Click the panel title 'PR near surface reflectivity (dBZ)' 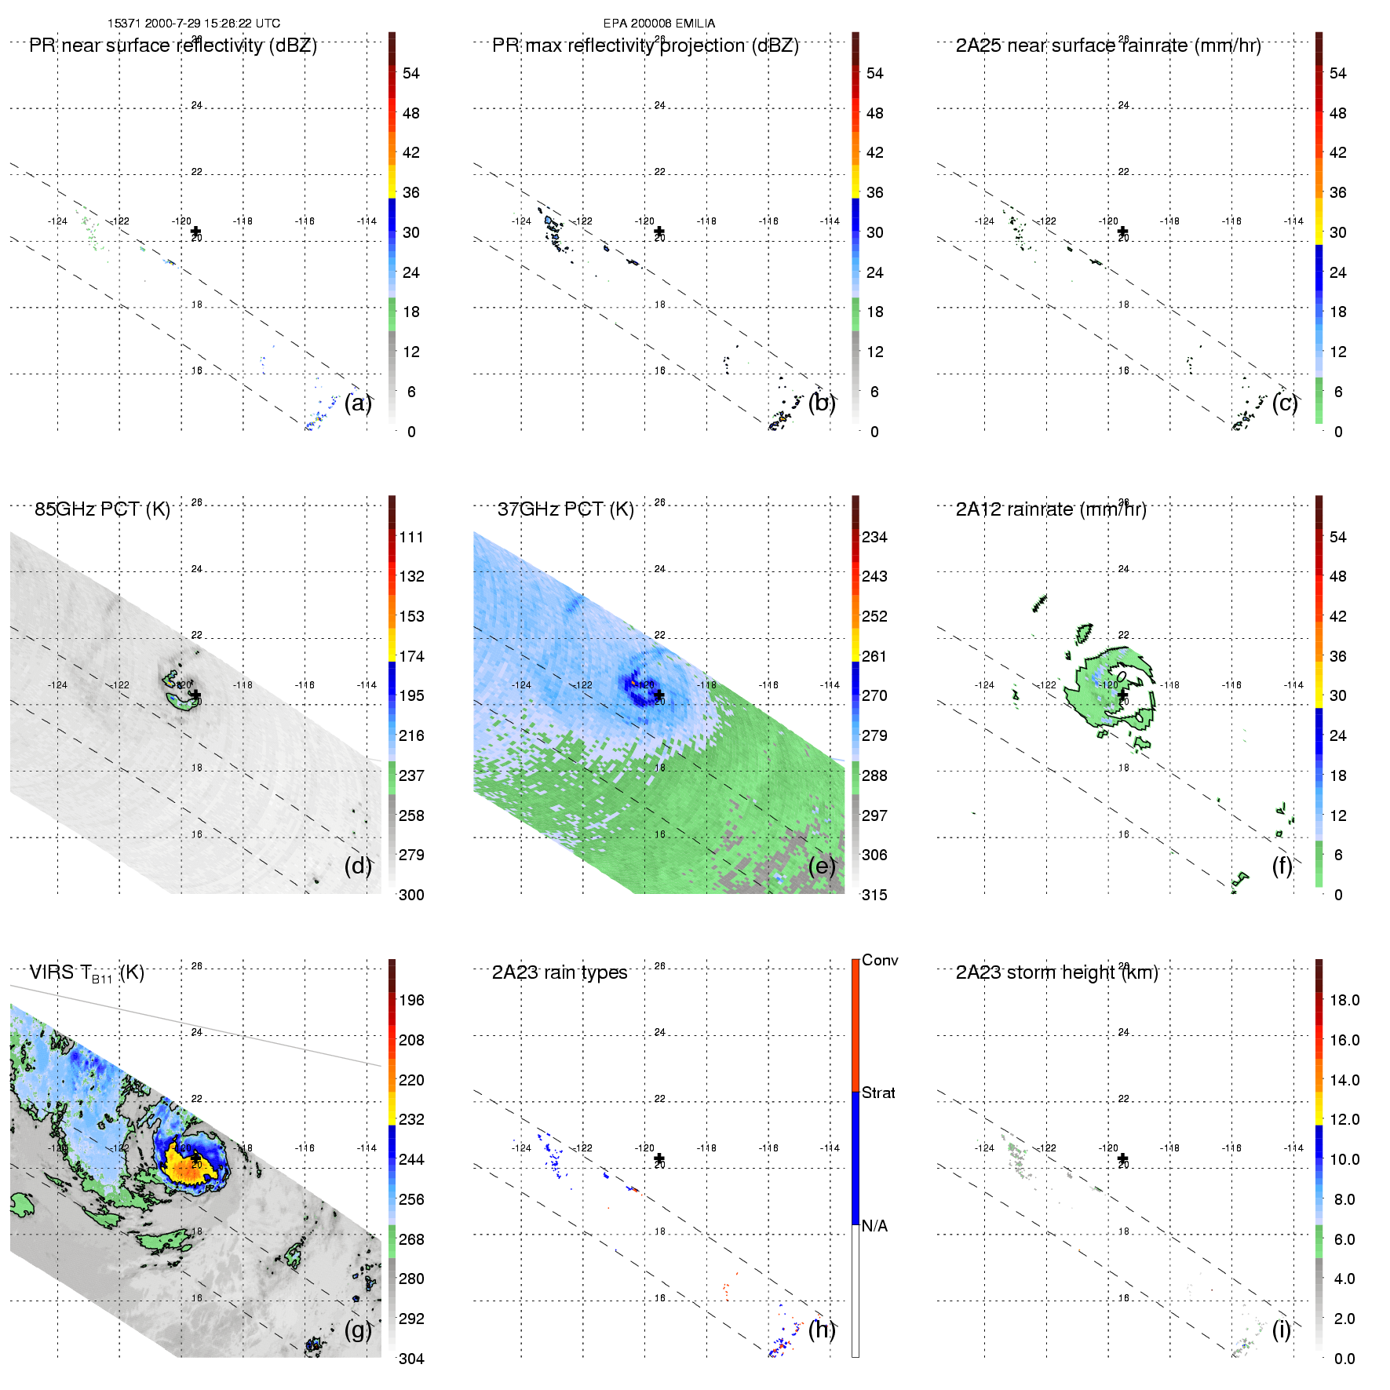[x=173, y=46]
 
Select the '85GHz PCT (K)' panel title [x=102, y=509]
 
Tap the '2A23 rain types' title [x=560, y=972]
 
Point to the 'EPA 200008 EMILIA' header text [x=659, y=24]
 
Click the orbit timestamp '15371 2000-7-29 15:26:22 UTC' [x=194, y=24]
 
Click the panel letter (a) [x=358, y=403]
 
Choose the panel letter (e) [x=822, y=866]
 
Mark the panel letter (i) [x=1281, y=1330]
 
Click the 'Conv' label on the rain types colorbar [x=880, y=960]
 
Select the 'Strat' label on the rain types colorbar [x=878, y=1093]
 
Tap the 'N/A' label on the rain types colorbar [x=874, y=1226]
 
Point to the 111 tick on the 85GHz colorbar [x=411, y=537]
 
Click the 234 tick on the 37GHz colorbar [x=874, y=537]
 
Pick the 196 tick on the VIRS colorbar [x=411, y=1000]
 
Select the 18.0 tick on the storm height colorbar [x=1344, y=1000]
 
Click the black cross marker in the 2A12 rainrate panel [x=1122, y=695]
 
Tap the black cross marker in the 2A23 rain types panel [x=659, y=1158]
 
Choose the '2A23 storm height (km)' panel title [x=1056, y=972]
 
